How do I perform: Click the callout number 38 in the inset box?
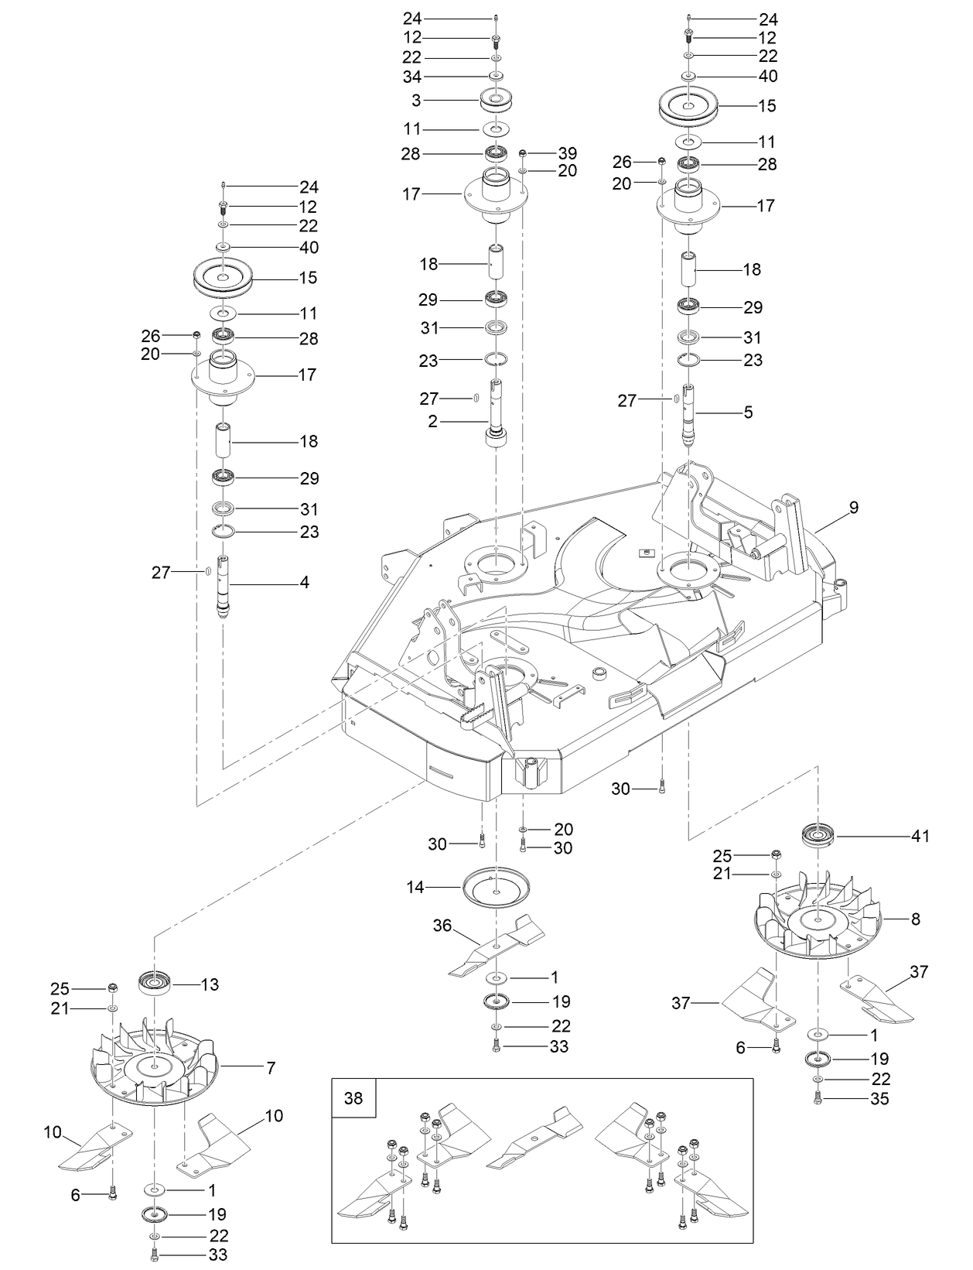pos(353,1099)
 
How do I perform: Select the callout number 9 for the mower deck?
pos(853,508)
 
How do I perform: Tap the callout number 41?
pos(920,836)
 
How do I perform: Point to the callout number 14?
pos(415,887)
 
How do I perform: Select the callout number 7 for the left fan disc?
pos(271,1068)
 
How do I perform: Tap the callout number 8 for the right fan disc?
pos(915,919)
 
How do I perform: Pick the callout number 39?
pos(568,153)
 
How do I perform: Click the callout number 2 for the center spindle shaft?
pos(432,421)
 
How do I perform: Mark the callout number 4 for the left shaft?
pos(304,582)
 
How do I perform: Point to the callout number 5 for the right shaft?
pos(748,412)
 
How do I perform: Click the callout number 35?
pos(880,1099)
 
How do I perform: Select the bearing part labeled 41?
pos(818,837)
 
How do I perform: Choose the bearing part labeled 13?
pos(154,985)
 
